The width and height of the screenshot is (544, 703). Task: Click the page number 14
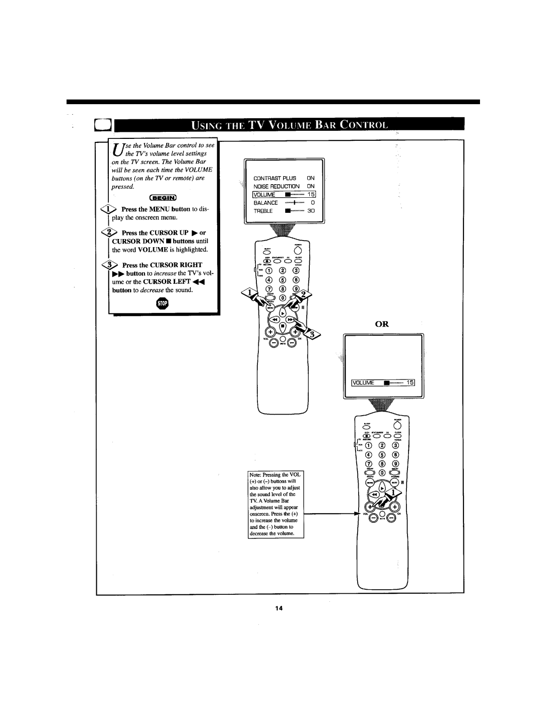tap(277, 609)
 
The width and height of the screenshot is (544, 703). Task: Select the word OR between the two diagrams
tap(381, 325)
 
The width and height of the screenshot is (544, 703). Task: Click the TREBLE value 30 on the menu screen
tap(311, 211)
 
